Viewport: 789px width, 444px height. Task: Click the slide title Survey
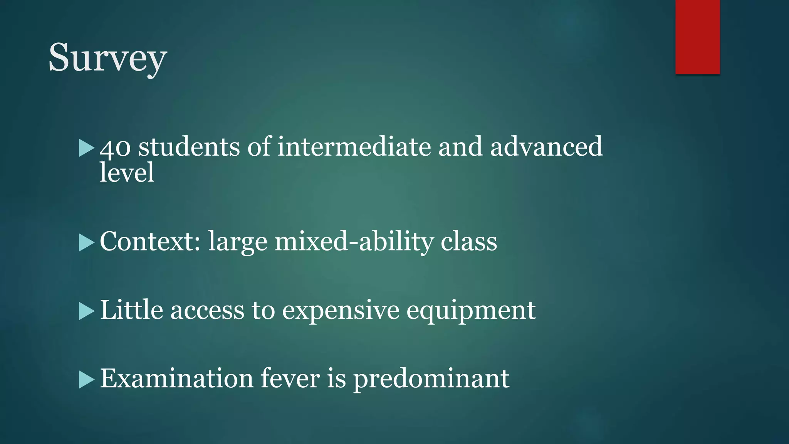tap(107, 58)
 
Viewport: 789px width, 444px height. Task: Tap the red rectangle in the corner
tap(697, 37)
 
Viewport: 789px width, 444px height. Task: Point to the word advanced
tap(546, 146)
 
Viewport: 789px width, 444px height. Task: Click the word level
tap(127, 172)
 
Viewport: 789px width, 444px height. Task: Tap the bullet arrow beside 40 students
tap(86, 148)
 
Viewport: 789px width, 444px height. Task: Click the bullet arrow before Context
tap(86, 243)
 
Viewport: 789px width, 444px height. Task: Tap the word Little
tap(131, 310)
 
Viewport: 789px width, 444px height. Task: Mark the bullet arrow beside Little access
tap(86, 311)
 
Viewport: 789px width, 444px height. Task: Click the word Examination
tap(176, 378)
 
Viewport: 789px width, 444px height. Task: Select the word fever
tap(290, 378)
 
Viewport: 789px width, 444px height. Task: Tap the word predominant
tap(431, 379)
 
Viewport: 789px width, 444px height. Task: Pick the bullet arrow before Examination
tap(86, 380)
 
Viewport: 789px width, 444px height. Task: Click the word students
tap(189, 146)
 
